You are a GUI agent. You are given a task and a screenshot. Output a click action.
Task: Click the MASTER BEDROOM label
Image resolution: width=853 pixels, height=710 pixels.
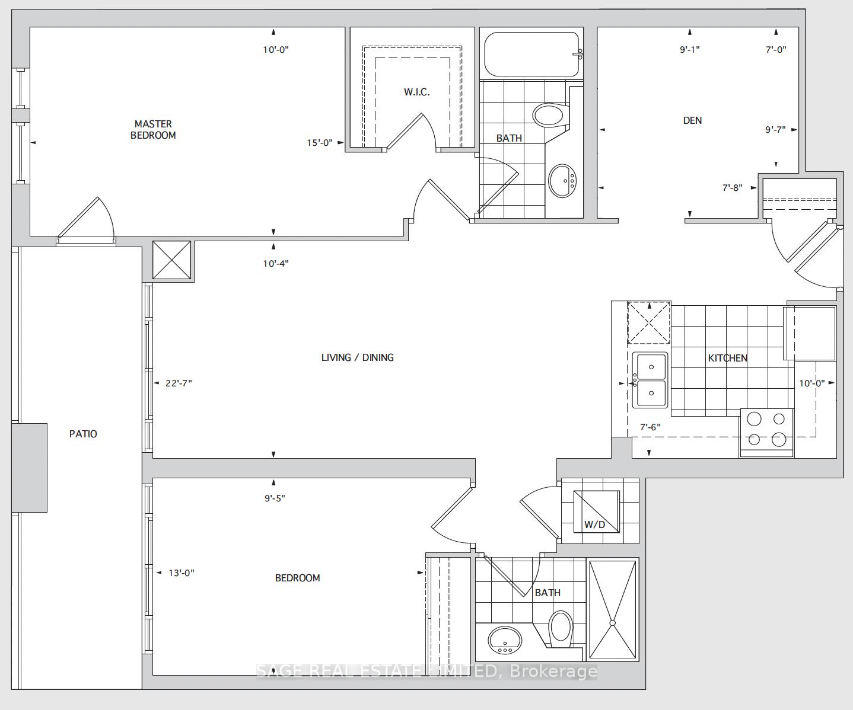tap(153, 129)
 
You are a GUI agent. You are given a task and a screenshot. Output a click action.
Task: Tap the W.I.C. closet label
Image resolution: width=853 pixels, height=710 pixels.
tap(416, 92)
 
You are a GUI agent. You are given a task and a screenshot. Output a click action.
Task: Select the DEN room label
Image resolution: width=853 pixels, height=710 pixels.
tap(692, 120)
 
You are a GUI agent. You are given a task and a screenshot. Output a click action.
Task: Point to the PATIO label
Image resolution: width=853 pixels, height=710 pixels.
tap(83, 434)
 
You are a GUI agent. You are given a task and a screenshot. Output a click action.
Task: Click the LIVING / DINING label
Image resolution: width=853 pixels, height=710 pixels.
tap(358, 357)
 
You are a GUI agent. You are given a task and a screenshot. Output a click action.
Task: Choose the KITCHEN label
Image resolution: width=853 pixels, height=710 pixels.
tap(728, 358)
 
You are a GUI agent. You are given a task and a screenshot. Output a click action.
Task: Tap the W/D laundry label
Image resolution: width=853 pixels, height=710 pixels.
tap(594, 524)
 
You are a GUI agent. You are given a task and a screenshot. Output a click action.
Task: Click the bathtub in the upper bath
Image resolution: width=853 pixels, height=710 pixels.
tap(532, 55)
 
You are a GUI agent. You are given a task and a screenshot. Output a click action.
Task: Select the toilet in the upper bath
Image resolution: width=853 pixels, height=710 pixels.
tap(551, 115)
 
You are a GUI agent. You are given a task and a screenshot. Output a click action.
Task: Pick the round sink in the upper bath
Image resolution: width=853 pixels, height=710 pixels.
tap(562, 181)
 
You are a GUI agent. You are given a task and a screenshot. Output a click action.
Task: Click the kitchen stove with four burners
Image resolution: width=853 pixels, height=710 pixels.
tap(766, 433)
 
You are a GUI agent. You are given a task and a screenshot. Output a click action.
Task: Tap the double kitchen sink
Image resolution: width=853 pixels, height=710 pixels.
tap(650, 380)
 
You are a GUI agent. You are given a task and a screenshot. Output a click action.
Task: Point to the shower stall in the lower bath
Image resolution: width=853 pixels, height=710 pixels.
tap(612, 610)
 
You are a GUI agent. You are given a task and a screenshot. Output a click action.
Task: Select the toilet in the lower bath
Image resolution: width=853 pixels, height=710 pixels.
tap(560, 629)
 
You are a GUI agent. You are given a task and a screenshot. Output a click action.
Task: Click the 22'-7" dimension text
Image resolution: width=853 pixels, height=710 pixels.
tap(179, 383)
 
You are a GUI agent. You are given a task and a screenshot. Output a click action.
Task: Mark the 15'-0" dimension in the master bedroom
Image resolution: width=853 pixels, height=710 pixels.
tap(320, 143)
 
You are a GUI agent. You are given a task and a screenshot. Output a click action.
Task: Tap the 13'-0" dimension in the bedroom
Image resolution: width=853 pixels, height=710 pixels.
tap(182, 573)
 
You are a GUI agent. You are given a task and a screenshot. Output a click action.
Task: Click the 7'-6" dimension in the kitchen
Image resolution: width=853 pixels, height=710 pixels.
tap(650, 427)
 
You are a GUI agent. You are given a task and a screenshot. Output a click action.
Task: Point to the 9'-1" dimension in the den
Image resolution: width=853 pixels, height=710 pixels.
tap(690, 50)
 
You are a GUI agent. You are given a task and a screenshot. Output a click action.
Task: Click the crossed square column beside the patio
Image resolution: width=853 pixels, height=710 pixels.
tap(171, 260)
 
